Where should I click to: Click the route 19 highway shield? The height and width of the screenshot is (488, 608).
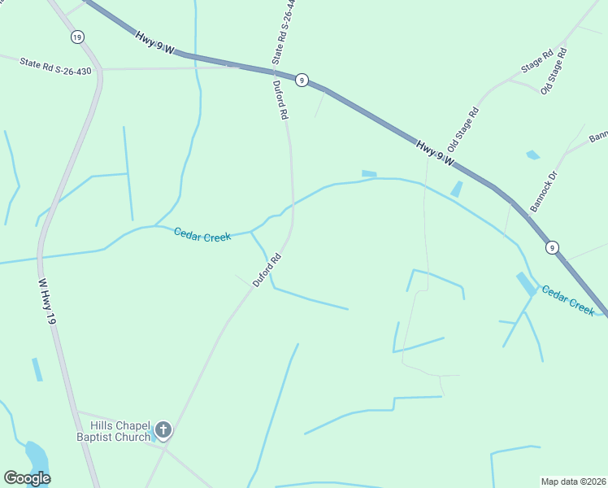pyautogui.click(x=77, y=37)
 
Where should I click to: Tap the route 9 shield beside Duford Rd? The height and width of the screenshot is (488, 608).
pyautogui.click(x=302, y=79)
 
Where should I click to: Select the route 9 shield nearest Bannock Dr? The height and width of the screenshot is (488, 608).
pyautogui.click(x=552, y=247)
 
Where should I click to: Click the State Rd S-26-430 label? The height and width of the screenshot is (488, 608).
pyautogui.click(x=56, y=63)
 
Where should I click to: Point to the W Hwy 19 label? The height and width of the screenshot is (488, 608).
pyautogui.click(x=47, y=303)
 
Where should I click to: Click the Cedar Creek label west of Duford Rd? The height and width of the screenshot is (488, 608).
pyautogui.click(x=202, y=234)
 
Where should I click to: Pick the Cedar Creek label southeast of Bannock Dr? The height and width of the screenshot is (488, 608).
pyautogui.click(x=569, y=301)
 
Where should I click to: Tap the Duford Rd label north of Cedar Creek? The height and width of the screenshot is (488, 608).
pyautogui.click(x=281, y=100)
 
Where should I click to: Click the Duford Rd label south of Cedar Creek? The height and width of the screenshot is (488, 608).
pyautogui.click(x=267, y=270)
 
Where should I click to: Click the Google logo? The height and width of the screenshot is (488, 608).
pyautogui.click(x=27, y=478)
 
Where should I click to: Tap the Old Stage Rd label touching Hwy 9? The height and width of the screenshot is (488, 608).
pyautogui.click(x=463, y=129)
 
